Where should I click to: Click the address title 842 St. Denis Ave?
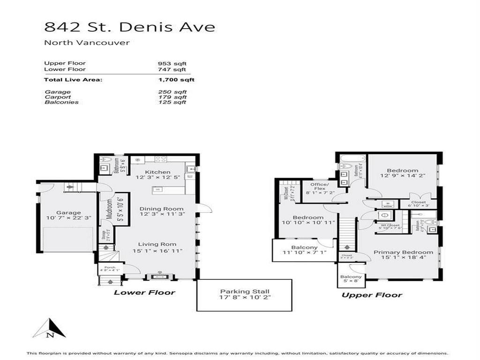pyautogui.click(x=130, y=27)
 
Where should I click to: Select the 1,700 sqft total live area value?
pyautogui.click(x=176, y=80)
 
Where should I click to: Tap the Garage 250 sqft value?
pyautogui.click(x=172, y=92)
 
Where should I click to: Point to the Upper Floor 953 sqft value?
pyautogui.click(x=172, y=63)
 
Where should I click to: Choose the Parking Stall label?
pyautogui.click(x=244, y=292)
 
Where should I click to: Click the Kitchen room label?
pyautogui.click(x=157, y=172)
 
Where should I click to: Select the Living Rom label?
pyautogui.click(x=157, y=244)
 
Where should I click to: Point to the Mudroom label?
pyautogui.click(x=109, y=209)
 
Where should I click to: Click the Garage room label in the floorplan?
pyautogui.click(x=69, y=212)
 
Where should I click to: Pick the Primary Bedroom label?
pyautogui.click(x=400, y=252)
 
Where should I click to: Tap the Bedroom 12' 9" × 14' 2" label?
pyautogui.click(x=402, y=171)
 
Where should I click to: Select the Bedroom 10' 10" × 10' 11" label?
pyautogui.click(x=308, y=217)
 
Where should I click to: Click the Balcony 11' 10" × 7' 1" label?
pyautogui.click(x=304, y=247)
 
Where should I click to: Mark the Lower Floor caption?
pyautogui.click(x=145, y=292)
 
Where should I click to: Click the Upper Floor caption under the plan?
pyautogui.click(x=372, y=295)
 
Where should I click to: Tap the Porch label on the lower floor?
pyautogui.click(x=110, y=268)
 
